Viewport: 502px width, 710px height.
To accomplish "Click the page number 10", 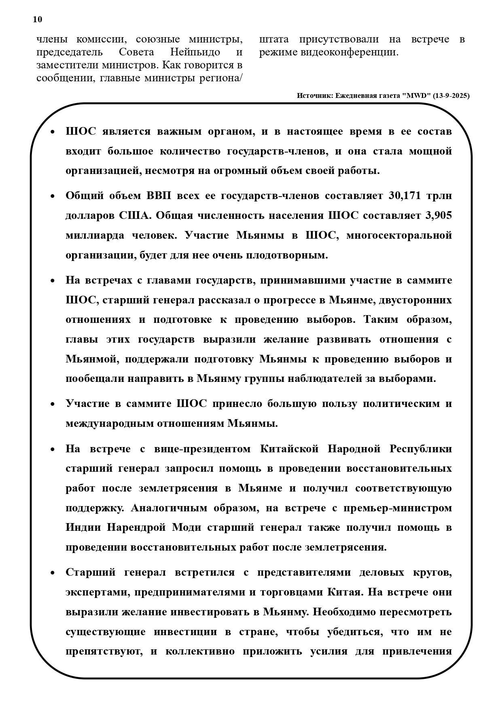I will point(37,19).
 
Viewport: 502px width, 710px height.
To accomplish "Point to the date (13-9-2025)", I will point(451,96).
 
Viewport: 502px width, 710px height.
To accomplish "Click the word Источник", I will point(314,96).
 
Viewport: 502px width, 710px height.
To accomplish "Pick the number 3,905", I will point(438,216).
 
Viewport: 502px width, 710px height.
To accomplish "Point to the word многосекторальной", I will point(399,235).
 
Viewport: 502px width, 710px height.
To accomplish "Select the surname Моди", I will point(187,528).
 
